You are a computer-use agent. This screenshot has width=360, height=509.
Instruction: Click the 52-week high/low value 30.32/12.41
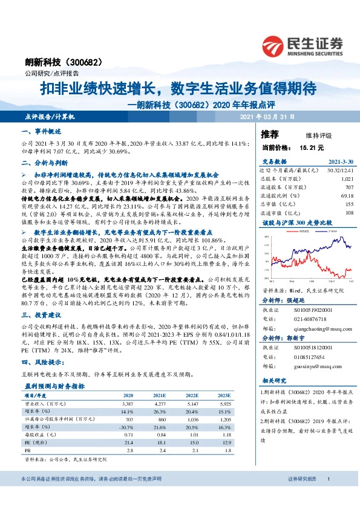coord(340,170)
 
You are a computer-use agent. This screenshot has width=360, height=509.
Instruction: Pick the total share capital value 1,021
coord(347,179)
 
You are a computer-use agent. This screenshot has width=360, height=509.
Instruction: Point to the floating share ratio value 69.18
coord(347,196)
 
